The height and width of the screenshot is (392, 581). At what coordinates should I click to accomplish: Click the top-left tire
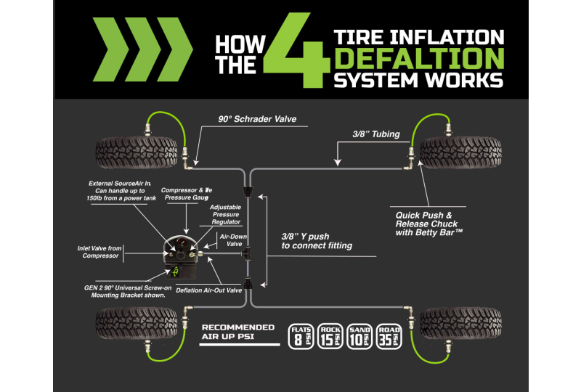click(x=138, y=152)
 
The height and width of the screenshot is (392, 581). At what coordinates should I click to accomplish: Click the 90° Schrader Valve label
click(x=257, y=120)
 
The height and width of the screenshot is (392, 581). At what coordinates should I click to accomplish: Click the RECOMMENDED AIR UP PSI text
click(x=238, y=332)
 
